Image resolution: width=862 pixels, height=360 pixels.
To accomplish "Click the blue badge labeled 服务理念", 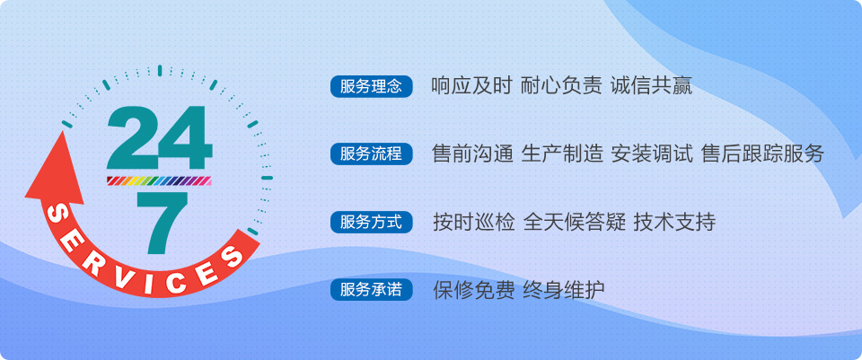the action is tap(371, 87).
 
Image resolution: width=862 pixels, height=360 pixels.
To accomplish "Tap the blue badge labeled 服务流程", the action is tap(371, 154).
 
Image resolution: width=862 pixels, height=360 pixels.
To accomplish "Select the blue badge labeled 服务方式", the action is tap(371, 222).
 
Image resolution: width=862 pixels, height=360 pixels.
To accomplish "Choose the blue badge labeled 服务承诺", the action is tap(371, 290).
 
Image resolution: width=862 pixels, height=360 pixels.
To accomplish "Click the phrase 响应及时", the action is tap(471, 86).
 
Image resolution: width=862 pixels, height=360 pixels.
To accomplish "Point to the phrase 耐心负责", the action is tap(561, 86).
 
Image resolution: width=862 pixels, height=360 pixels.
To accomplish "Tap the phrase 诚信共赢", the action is tap(652, 86).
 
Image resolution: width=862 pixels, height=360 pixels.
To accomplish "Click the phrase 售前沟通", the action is tap(473, 154).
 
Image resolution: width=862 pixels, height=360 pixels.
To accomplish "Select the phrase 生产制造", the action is tap(562, 154).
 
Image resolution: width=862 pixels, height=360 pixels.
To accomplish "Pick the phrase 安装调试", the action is tap(652, 154).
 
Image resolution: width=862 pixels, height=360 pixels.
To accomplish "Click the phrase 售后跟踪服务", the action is tap(762, 154).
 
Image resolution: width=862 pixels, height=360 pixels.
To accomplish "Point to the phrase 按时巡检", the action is tap(473, 222).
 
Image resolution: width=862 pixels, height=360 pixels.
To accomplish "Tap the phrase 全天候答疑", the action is tap(575, 222).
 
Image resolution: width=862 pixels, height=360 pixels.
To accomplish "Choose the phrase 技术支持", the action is tap(674, 222).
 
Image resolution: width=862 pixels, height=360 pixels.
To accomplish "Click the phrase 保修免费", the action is tap(473, 290).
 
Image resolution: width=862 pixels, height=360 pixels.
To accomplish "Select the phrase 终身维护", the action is tap(564, 290).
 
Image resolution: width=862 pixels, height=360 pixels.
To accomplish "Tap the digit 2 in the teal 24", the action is tap(131, 137).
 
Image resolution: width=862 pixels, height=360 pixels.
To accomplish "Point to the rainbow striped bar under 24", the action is tap(160, 180).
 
